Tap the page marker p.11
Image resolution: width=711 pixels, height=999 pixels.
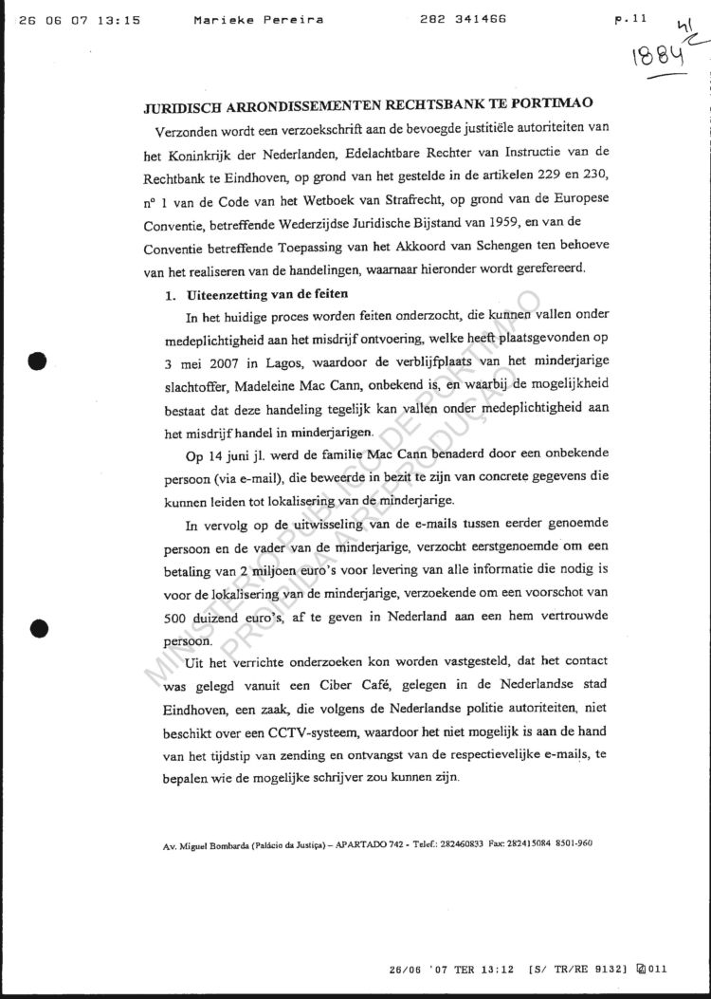coord(629,19)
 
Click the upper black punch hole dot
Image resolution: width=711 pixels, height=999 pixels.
coord(38,361)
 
